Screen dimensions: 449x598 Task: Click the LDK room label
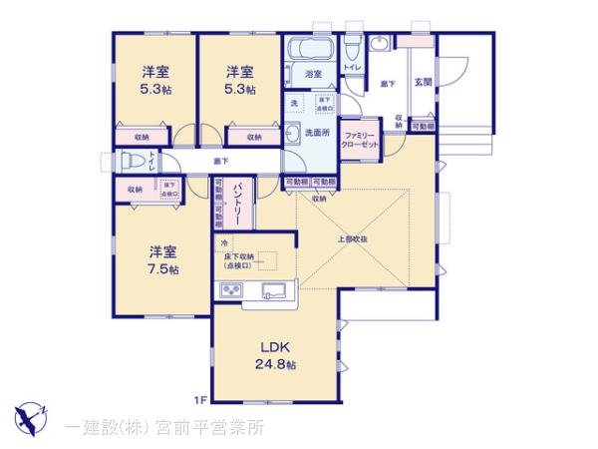click(275, 347)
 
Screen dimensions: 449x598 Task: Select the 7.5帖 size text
click(162, 270)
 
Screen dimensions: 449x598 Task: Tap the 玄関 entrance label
click(423, 82)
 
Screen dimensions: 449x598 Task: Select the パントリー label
click(239, 204)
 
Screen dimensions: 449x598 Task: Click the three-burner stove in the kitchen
click(231, 290)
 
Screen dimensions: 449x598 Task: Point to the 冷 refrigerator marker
click(224, 242)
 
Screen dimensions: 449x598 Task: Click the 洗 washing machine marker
click(295, 103)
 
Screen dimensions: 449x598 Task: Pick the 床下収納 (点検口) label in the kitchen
click(240, 262)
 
